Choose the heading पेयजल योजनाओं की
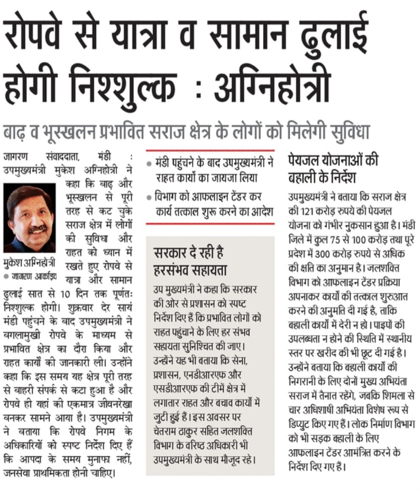pyautogui.click(x=333, y=161)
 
